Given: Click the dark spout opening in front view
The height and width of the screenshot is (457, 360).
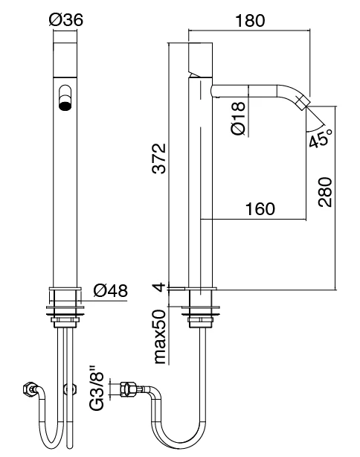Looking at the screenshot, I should [x=65, y=105].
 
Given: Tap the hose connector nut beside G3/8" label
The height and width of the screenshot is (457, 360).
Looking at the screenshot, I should [x=126, y=388].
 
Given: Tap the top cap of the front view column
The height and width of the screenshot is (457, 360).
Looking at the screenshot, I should [x=65, y=56].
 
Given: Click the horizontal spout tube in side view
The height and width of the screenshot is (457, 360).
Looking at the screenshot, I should [x=253, y=91].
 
